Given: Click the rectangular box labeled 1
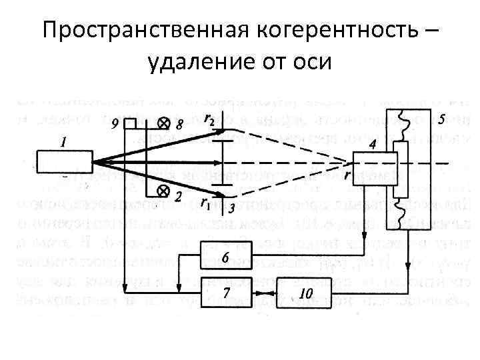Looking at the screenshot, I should point(64,161).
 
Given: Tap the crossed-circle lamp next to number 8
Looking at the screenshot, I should point(162,124).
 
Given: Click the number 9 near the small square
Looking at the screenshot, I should point(115,123).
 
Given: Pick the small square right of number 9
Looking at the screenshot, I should point(130,124).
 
